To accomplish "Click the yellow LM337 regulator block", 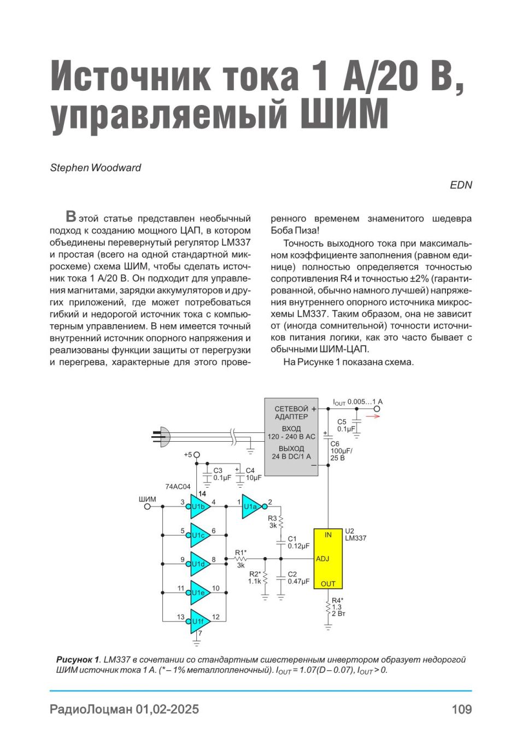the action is (x=328, y=559).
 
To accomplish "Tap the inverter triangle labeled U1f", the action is (x=200, y=622).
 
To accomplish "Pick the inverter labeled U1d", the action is (x=200, y=564).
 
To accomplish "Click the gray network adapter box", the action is (x=291, y=437).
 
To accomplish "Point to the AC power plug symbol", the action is (x=162, y=437).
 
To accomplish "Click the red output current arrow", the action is (x=373, y=416).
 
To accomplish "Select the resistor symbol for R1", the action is (x=241, y=559).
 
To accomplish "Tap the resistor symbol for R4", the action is (x=328, y=608).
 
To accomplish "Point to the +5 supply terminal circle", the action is (x=197, y=455).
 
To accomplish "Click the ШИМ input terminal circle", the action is (x=148, y=506).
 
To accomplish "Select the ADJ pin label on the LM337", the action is (x=322, y=559).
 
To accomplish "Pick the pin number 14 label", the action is (x=202, y=494).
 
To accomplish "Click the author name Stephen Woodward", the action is (x=96, y=168).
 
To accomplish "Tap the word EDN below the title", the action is (x=461, y=185).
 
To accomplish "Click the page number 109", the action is (x=462, y=709).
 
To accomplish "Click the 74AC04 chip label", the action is (x=178, y=487).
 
